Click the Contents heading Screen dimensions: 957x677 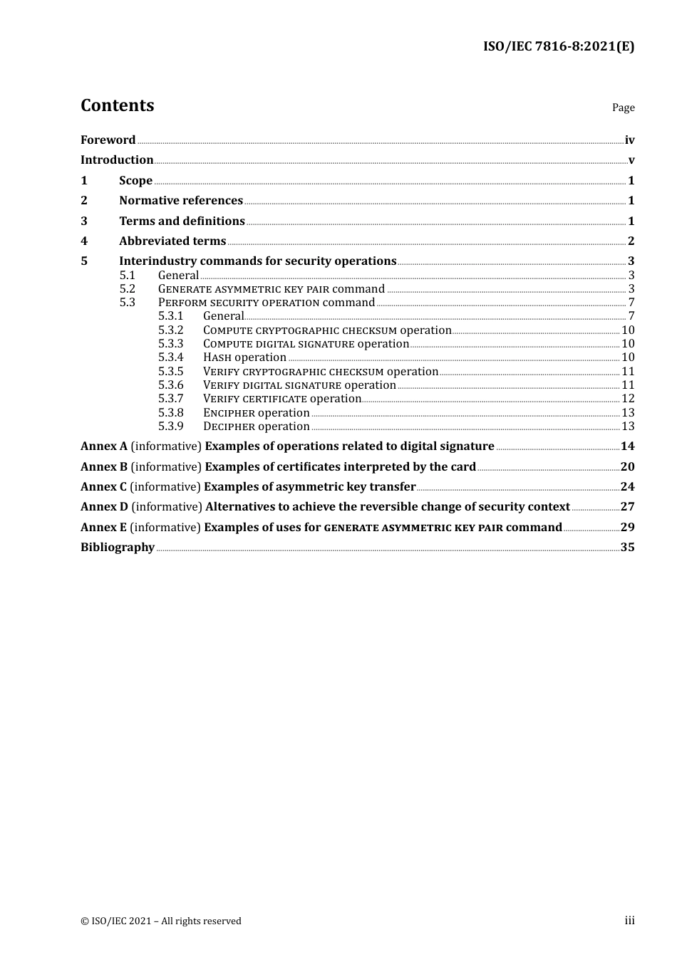coord(117,105)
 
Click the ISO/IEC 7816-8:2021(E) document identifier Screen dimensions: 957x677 coord(558,46)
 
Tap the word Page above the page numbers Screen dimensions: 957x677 coord(623,108)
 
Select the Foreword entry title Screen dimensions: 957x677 coord(108,140)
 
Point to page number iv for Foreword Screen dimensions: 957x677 coord(629,140)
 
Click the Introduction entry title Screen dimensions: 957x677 coord(117,160)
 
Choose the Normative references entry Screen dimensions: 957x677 coord(181,201)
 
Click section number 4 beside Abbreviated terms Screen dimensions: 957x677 coord(84,241)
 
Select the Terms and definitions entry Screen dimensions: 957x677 coord(182,221)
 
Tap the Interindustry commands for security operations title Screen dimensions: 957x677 coord(257,261)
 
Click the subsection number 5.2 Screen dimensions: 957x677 coord(127,289)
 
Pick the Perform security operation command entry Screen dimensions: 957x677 coord(266,303)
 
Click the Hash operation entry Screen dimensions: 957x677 coord(244,357)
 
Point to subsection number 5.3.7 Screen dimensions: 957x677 coord(170,399)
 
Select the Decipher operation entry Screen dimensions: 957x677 coord(256,427)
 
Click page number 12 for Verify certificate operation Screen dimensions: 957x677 coord(628,399)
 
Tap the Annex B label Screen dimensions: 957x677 coord(104,467)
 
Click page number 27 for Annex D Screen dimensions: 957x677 coord(627,507)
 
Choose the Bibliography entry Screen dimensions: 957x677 coord(118,548)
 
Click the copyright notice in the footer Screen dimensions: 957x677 coord(161,921)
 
